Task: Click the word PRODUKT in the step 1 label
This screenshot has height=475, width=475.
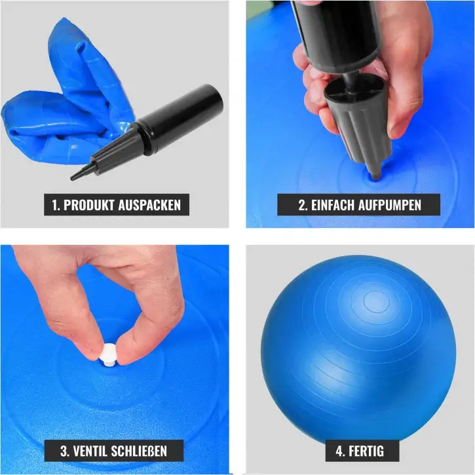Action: [x=89, y=205]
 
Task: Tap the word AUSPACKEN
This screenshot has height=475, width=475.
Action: [x=149, y=205]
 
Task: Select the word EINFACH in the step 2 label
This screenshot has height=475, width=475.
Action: [x=333, y=205]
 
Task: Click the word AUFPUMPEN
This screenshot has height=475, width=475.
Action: [x=390, y=205]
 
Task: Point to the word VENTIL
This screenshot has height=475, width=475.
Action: [x=90, y=451]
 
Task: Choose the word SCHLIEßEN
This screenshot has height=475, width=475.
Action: [x=139, y=451]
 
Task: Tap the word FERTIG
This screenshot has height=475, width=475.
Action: [x=366, y=451]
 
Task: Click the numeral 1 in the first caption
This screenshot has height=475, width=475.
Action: [x=54, y=205]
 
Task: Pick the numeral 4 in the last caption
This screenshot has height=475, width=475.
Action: [x=340, y=451]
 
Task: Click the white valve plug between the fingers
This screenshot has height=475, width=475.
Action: [x=109, y=354]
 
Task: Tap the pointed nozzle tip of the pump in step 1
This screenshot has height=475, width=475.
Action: [x=73, y=178]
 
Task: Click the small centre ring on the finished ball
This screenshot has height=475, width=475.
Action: [x=376, y=301]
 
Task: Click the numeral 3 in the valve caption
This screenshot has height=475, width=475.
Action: [x=64, y=451]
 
